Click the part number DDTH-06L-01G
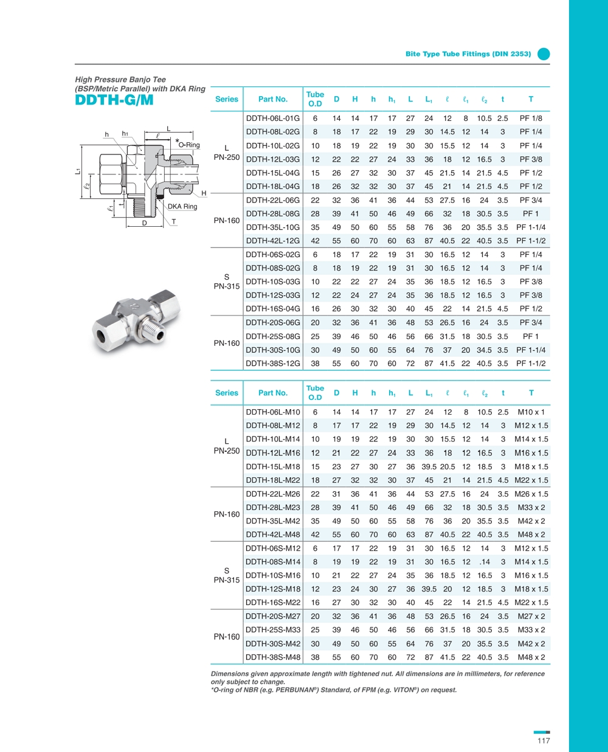(272, 119)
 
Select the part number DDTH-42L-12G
(272, 241)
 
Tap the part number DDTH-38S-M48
(272, 657)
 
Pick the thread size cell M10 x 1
(531, 412)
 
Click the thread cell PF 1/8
(531, 119)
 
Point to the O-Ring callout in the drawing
(188, 145)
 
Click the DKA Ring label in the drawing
(182, 207)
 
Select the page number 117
(543, 740)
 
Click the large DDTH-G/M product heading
(114, 100)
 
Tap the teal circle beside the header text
(544, 54)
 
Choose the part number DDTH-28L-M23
(272, 508)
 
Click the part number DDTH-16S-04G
(272, 309)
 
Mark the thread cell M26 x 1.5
(531, 494)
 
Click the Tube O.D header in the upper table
(315, 99)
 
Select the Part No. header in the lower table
(272, 393)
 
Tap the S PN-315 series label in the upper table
(226, 281)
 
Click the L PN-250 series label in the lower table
(226, 446)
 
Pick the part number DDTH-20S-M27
(272, 616)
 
